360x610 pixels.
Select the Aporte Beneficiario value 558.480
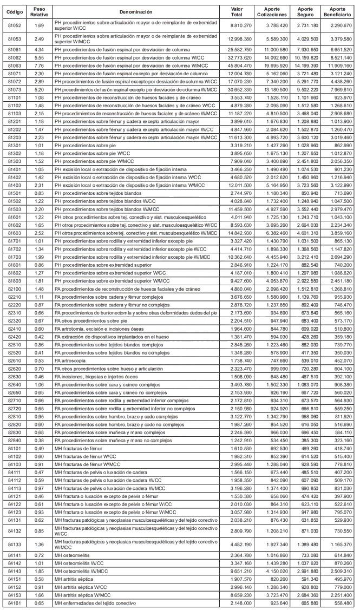339,603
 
